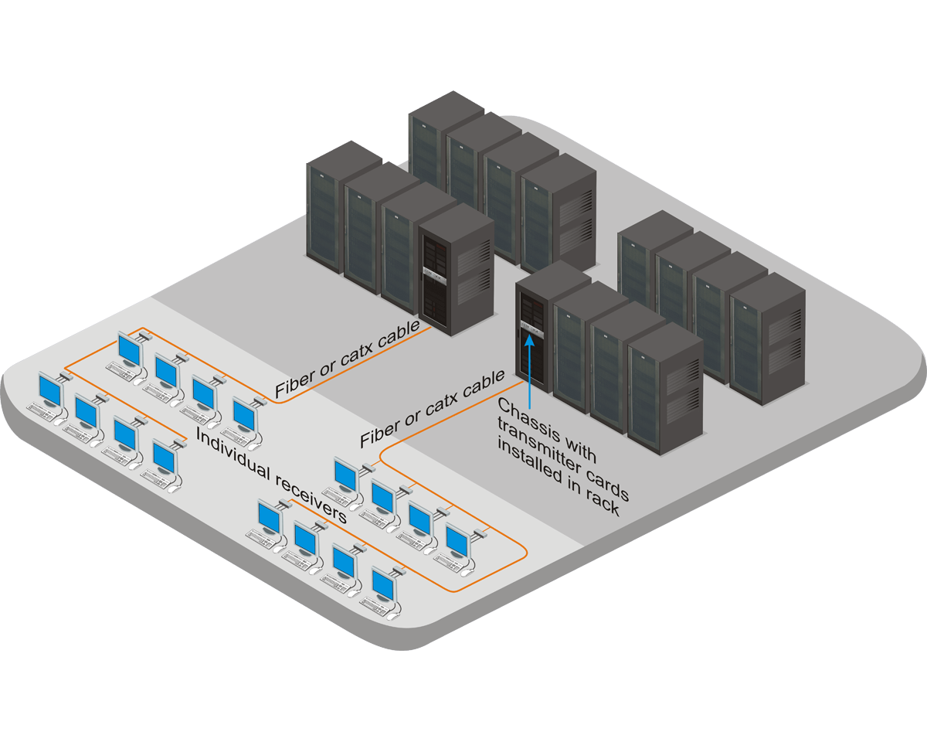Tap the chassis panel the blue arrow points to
tap(530, 325)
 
